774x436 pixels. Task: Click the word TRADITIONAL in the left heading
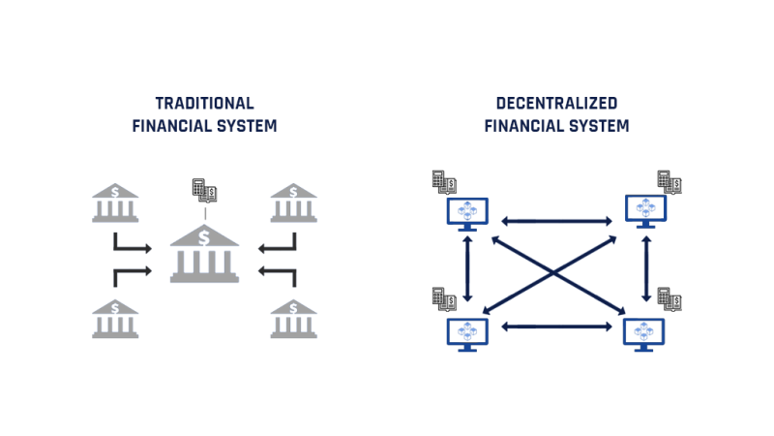click(x=204, y=103)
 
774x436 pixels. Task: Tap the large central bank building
click(x=204, y=254)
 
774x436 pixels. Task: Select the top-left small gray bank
click(x=115, y=203)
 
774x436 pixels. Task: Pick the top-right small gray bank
click(x=293, y=203)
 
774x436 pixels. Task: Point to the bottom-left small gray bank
click(x=115, y=320)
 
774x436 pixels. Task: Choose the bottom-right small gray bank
click(x=293, y=320)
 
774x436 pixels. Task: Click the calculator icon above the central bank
click(x=199, y=188)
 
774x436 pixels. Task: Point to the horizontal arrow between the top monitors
click(x=556, y=221)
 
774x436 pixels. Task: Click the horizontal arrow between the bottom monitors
click(x=556, y=327)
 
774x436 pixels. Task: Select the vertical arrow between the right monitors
click(x=646, y=271)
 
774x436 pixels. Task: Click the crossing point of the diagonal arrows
click(x=556, y=274)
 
